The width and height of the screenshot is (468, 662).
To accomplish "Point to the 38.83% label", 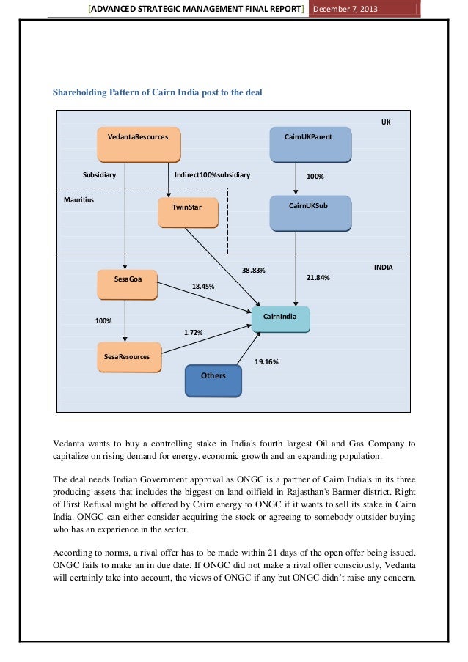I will [253, 271].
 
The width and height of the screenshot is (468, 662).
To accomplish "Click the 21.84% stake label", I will [318, 278].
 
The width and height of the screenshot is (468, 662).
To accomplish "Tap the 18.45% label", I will [203, 287].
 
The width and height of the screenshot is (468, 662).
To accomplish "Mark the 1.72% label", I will [193, 333].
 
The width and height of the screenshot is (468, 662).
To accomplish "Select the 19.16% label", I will [266, 362].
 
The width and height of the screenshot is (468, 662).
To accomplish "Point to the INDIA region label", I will [383, 268].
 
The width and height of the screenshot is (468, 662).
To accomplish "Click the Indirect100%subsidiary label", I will [213, 176].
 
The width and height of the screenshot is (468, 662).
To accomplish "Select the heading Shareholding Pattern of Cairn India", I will [158, 93].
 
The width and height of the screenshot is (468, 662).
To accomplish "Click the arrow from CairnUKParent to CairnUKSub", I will [296, 178].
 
